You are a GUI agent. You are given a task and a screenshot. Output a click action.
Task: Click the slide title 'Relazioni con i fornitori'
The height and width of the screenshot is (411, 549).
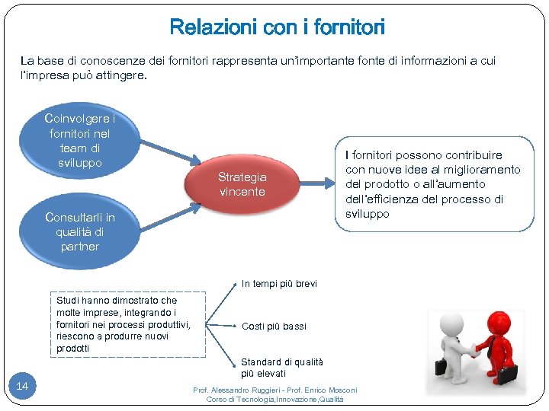277,28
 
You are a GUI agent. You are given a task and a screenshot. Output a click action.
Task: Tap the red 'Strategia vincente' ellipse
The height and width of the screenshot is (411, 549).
242,184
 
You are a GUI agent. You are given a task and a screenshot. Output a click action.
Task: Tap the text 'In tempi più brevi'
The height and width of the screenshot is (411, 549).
279,284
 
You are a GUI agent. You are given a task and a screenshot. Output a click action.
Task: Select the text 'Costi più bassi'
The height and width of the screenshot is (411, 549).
274,327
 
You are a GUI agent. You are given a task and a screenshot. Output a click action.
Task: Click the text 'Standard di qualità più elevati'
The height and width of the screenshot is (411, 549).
282,368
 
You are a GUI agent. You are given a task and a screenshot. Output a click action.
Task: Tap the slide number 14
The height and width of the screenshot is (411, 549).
22,387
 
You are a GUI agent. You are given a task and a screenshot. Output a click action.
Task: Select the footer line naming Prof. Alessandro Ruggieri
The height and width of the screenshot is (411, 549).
274,390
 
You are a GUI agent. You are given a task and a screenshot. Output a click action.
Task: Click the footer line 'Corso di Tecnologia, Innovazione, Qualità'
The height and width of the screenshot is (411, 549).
274,400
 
